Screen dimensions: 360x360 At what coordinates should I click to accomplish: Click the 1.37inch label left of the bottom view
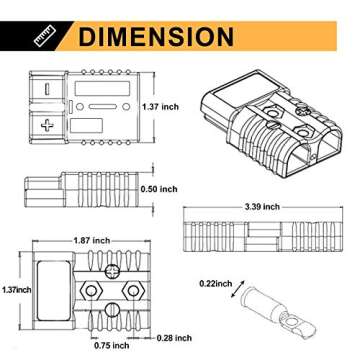[x=16, y=289]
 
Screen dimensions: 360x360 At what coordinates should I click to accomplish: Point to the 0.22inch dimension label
[x=215, y=283]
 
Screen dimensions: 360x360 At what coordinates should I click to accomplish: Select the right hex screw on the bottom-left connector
[x=133, y=286]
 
